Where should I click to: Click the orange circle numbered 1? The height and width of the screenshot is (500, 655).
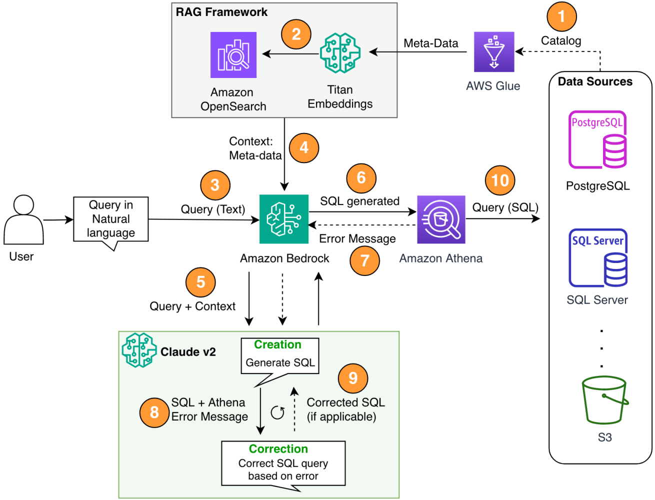click(x=561, y=16)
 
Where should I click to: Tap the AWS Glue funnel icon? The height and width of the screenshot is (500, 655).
click(x=494, y=52)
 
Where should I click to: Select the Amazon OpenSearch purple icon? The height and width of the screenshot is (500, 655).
click(x=233, y=55)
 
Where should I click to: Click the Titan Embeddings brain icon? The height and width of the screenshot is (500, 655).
click(x=340, y=53)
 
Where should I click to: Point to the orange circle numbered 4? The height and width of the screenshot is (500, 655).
click(x=303, y=148)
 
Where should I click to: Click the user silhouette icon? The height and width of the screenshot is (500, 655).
click(x=23, y=220)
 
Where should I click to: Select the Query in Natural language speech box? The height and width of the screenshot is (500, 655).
click(x=111, y=219)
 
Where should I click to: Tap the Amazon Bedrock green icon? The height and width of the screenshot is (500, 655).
click(x=284, y=219)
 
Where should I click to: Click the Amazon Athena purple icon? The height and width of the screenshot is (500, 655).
click(x=441, y=219)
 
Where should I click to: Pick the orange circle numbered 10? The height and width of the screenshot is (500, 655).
click(x=500, y=180)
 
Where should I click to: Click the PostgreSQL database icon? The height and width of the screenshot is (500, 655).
click(x=597, y=139)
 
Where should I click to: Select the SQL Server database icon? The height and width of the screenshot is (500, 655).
click(x=598, y=257)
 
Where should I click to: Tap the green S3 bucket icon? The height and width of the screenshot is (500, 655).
click(x=604, y=400)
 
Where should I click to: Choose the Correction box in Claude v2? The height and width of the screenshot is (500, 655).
click(x=283, y=463)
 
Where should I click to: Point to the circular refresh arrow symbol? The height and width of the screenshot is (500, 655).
click(x=277, y=412)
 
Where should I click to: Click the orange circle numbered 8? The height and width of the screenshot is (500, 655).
click(x=154, y=412)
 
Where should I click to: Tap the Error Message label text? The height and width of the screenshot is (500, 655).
click(x=357, y=239)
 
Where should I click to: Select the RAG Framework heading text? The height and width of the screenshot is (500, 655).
click(x=221, y=12)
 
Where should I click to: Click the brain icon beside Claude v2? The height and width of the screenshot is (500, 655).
click(x=139, y=350)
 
